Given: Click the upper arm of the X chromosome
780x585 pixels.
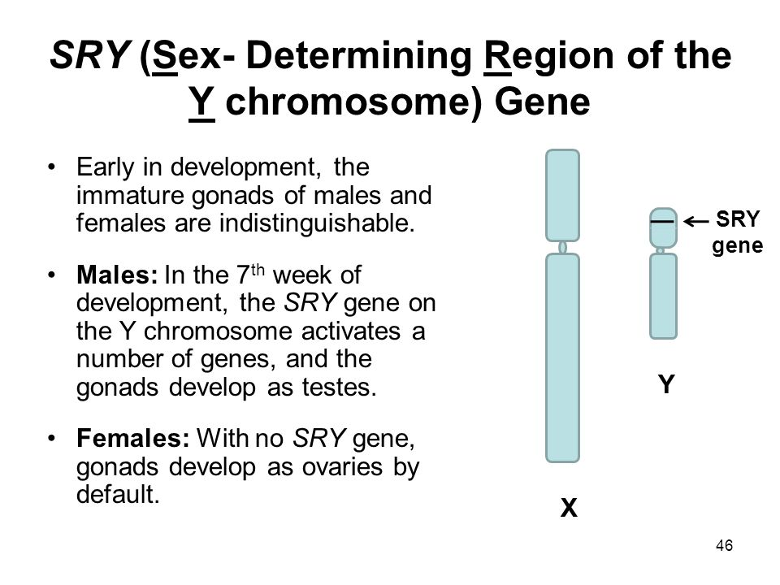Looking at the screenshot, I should pos(563,194).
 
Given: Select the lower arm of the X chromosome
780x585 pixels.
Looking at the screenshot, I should pos(563,357).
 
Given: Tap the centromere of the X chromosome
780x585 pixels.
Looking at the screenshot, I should pos(563,246).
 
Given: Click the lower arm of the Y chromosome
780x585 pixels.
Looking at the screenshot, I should pos(663,297).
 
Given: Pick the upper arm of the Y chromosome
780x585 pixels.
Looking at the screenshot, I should pos(663,227).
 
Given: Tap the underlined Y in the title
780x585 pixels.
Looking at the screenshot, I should pos(202,105).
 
